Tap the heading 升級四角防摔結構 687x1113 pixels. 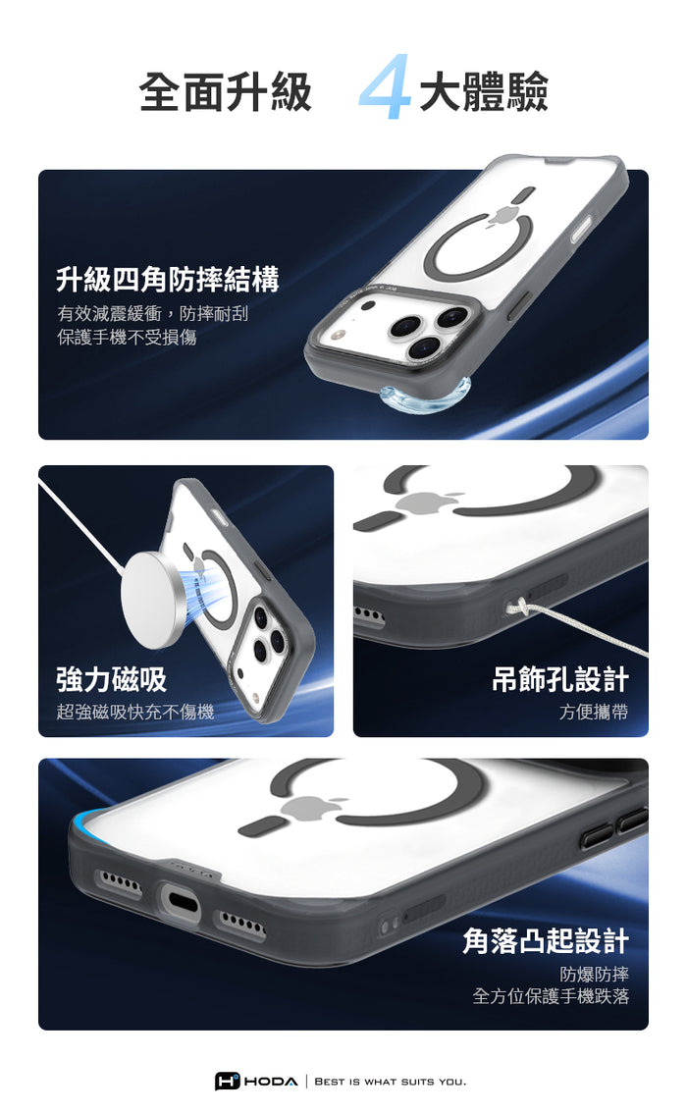(x=168, y=279)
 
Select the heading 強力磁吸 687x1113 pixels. (x=112, y=679)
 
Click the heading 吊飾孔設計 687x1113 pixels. (x=560, y=679)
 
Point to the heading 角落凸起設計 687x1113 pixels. (x=546, y=940)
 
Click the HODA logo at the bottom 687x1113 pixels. (x=256, y=1081)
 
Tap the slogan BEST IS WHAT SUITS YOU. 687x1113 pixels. (x=391, y=1082)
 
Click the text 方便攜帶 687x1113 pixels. (x=594, y=712)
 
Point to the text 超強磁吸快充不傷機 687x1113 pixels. (x=134, y=712)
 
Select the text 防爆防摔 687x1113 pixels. (x=594, y=974)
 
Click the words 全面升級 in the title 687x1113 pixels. (x=226, y=92)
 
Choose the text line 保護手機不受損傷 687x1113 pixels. (x=127, y=337)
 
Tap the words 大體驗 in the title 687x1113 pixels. (x=484, y=92)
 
